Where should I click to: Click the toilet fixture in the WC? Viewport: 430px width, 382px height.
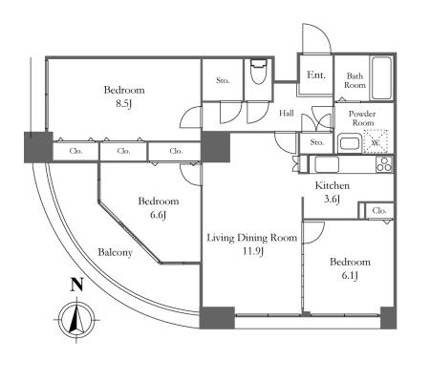pyautogui.click(x=258, y=72)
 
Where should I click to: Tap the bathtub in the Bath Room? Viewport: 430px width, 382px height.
pyautogui.click(x=381, y=78)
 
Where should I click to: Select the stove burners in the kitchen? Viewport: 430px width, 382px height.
pyautogui.click(x=384, y=165)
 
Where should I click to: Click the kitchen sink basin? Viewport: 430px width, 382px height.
pyautogui.click(x=327, y=164)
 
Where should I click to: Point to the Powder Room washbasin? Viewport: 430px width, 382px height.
pyautogui.click(x=350, y=143)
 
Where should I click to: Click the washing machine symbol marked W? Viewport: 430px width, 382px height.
pyautogui.click(x=376, y=141)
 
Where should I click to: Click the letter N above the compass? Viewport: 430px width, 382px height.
pyautogui.click(x=76, y=285)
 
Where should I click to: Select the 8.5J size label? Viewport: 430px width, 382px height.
pyautogui.click(x=123, y=104)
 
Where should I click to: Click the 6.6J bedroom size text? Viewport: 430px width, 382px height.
pyautogui.click(x=158, y=215)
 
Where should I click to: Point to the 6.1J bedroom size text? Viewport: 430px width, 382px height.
pyautogui.click(x=350, y=276)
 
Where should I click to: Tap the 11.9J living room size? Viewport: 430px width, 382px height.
pyautogui.click(x=252, y=251)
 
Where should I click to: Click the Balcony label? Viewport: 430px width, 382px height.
pyautogui.click(x=115, y=253)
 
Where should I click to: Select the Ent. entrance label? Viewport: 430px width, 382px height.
pyautogui.click(x=316, y=75)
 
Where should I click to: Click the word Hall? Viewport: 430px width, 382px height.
pyautogui.click(x=287, y=113)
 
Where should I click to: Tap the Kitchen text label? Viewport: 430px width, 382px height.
pyautogui.click(x=333, y=185)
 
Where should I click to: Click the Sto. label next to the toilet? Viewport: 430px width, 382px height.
pyautogui.click(x=223, y=80)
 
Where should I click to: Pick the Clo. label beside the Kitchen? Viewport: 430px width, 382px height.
pyautogui.click(x=379, y=210)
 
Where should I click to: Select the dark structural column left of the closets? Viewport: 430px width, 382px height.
pyautogui.click(x=38, y=147)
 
